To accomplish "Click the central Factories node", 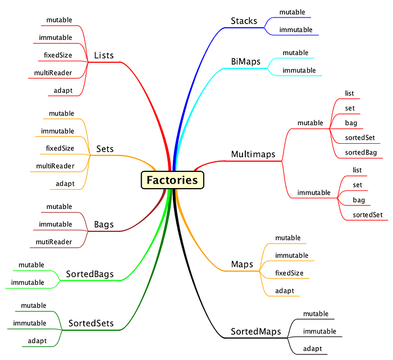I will tap(172, 180).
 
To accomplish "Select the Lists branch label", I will tap(104, 56).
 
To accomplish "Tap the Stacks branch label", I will tap(244, 21).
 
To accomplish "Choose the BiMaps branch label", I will tap(246, 61).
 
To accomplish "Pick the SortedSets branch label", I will tap(91, 323).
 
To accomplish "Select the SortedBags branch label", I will tap(90, 275).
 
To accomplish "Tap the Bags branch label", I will tap(104, 225).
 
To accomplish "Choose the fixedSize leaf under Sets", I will tap(60, 148).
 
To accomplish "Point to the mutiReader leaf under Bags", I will tap(55, 241).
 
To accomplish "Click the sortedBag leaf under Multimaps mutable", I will tap(361, 152).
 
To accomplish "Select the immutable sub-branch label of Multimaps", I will tap(314, 192).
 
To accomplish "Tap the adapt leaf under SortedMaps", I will tap(312, 349).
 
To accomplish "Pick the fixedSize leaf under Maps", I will tap(289, 273).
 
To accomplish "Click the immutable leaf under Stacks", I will tap(296, 29).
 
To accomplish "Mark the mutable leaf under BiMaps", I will tap(295, 53).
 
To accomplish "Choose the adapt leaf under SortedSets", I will tap(37, 341).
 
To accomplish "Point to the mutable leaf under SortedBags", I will tap(31, 265).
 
